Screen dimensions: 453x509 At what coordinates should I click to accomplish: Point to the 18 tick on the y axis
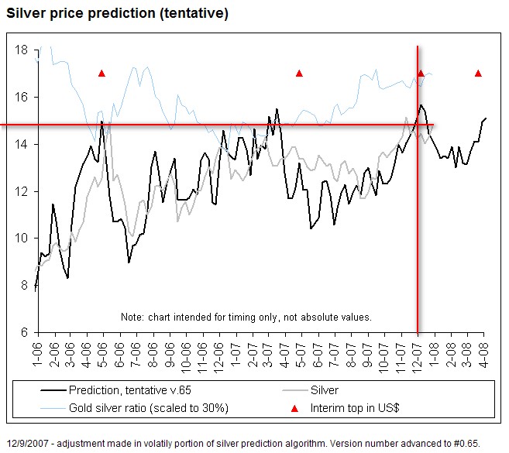22,50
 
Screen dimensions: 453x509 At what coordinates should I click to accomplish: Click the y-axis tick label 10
22,239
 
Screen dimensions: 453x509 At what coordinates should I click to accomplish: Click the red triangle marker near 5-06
101,74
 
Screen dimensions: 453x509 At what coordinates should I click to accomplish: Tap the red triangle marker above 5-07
299,74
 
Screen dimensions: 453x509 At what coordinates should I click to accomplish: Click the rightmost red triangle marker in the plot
478,74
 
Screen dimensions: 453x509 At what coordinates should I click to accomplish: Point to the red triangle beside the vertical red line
421,74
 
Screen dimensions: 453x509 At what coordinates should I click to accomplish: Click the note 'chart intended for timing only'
246,317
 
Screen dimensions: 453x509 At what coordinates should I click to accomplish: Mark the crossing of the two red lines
418,125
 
